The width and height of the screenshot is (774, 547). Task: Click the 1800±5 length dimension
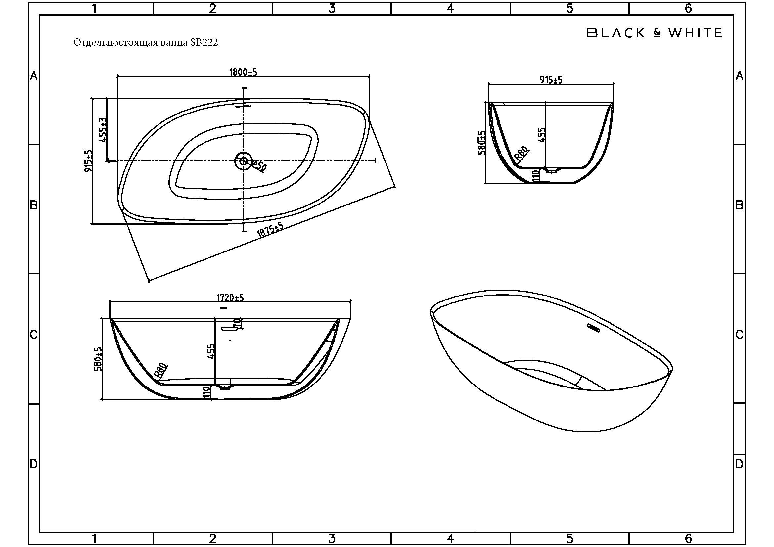[x=243, y=72]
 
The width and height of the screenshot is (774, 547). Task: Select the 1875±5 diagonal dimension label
[x=270, y=230]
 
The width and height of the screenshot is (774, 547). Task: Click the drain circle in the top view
[x=244, y=161]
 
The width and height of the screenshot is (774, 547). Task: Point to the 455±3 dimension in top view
[x=103, y=129]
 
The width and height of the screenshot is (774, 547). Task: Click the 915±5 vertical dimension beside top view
[x=88, y=161]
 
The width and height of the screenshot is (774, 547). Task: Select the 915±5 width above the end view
[x=551, y=80]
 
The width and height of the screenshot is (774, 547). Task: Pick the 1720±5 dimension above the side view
[x=230, y=297]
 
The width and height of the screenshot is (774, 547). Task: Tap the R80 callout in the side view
[x=160, y=371]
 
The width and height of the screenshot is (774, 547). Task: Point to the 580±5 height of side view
[x=98, y=359]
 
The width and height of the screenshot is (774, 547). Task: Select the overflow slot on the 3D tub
[x=593, y=328]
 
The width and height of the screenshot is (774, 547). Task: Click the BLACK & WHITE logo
[x=654, y=33]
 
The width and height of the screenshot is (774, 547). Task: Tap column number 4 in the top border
[x=450, y=8]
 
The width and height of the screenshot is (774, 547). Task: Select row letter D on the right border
[x=739, y=464]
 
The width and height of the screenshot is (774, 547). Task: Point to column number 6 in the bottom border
[x=688, y=538]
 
